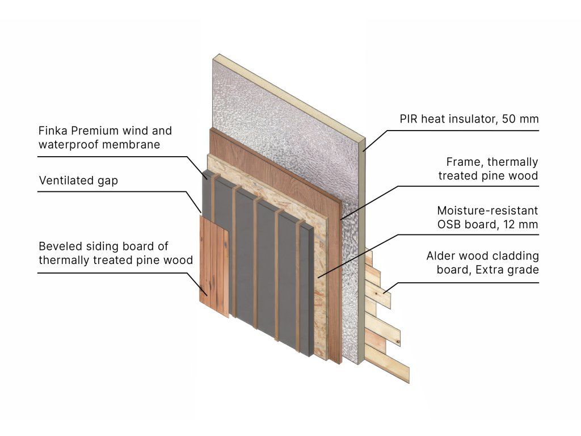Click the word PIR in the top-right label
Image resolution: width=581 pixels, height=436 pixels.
click(409, 119)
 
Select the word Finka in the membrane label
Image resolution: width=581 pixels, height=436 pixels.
click(53, 131)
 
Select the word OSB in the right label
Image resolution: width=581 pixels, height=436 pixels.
click(449, 224)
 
